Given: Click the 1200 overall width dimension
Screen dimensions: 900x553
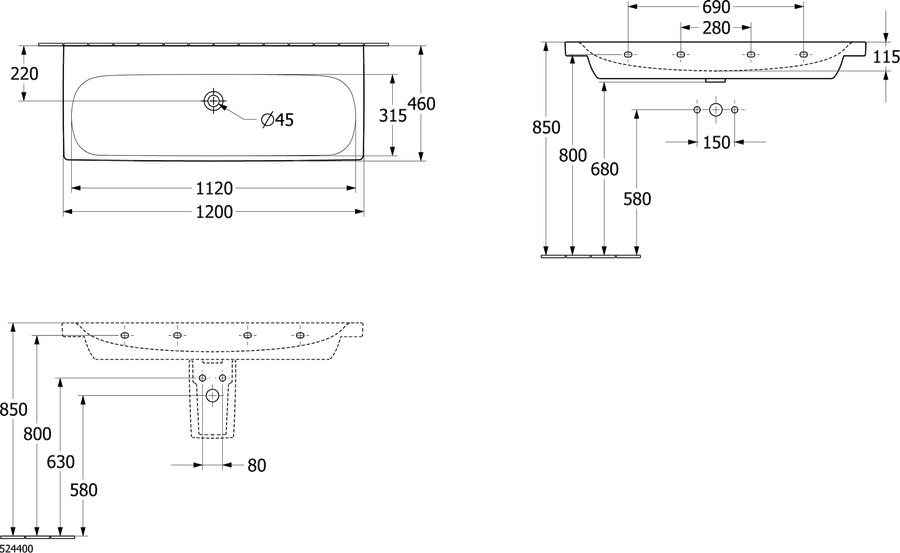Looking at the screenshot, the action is tap(214, 212).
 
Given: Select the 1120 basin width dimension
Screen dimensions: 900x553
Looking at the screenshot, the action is tap(214, 188).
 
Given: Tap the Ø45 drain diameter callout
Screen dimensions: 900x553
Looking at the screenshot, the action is tap(277, 119).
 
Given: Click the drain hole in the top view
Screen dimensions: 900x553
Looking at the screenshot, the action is tap(214, 100).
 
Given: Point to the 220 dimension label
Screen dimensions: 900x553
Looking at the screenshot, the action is tap(25, 74).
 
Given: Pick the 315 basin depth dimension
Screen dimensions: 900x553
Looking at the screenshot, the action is tap(393, 115).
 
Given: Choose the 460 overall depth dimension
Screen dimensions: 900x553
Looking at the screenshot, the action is tap(421, 104).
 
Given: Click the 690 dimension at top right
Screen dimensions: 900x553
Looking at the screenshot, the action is tap(716, 7).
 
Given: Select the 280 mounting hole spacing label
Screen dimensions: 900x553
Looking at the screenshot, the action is tap(716, 28).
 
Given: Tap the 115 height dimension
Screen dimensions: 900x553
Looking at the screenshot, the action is tap(887, 57).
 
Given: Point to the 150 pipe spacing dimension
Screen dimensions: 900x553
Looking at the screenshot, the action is tap(716, 142).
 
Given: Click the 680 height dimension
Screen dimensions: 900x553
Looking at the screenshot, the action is tap(604, 169).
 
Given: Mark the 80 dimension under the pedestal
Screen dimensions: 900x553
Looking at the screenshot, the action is tap(257, 465).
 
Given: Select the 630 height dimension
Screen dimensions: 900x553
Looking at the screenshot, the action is tap(60, 462).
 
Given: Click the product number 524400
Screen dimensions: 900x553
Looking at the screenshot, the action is tap(17, 548).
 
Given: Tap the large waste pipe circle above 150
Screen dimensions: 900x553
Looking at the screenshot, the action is tap(716, 109).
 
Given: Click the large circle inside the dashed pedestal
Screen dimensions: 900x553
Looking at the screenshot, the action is tap(212, 395).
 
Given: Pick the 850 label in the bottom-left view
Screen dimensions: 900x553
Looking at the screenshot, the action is tap(13, 409).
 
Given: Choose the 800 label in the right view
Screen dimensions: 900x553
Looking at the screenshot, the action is tap(573, 155).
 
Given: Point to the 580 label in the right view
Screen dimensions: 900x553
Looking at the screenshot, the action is tap(637, 199).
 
